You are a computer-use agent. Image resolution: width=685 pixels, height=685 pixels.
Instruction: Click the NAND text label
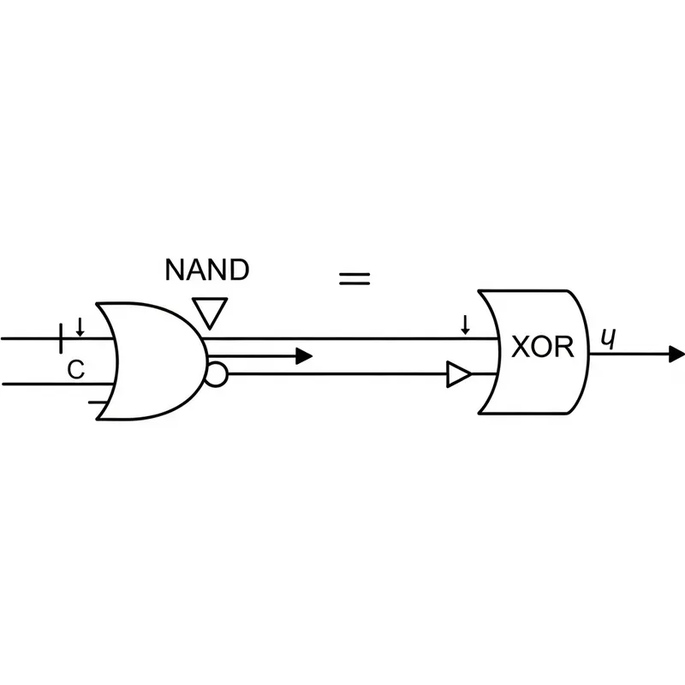pyautogui.click(x=207, y=271)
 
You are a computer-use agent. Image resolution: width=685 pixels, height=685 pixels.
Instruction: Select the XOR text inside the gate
pyautogui.click(x=538, y=348)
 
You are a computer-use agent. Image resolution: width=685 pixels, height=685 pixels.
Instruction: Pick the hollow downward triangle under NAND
pyautogui.click(x=208, y=313)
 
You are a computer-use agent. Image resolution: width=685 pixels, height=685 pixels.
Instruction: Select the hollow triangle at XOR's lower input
pyautogui.click(x=459, y=375)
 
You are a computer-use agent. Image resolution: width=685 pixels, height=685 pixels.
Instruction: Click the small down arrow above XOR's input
pyautogui.click(x=465, y=325)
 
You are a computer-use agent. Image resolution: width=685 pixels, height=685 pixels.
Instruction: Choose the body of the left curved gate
pyautogui.click(x=154, y=360)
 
